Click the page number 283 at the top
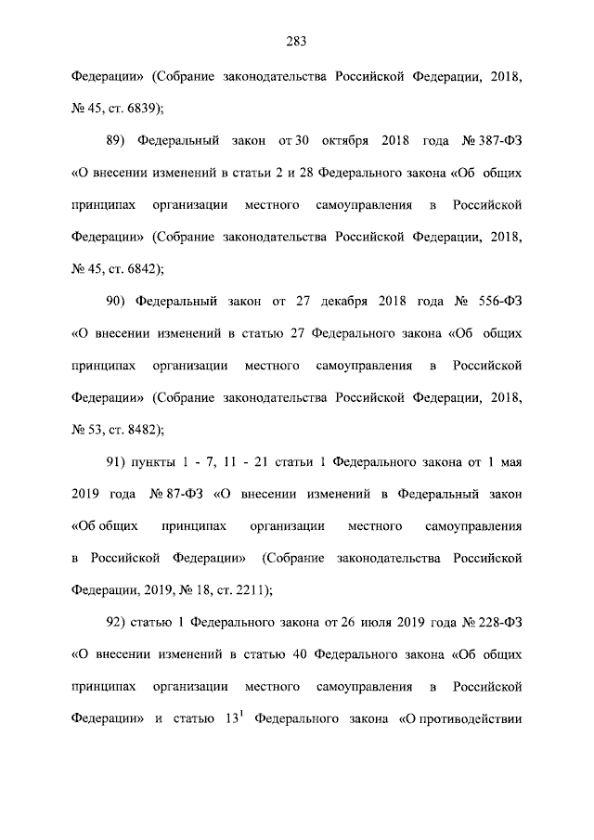[296, 40]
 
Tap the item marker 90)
[114, 302]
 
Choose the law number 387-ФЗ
[498, 141]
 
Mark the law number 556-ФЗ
[502, 302]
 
